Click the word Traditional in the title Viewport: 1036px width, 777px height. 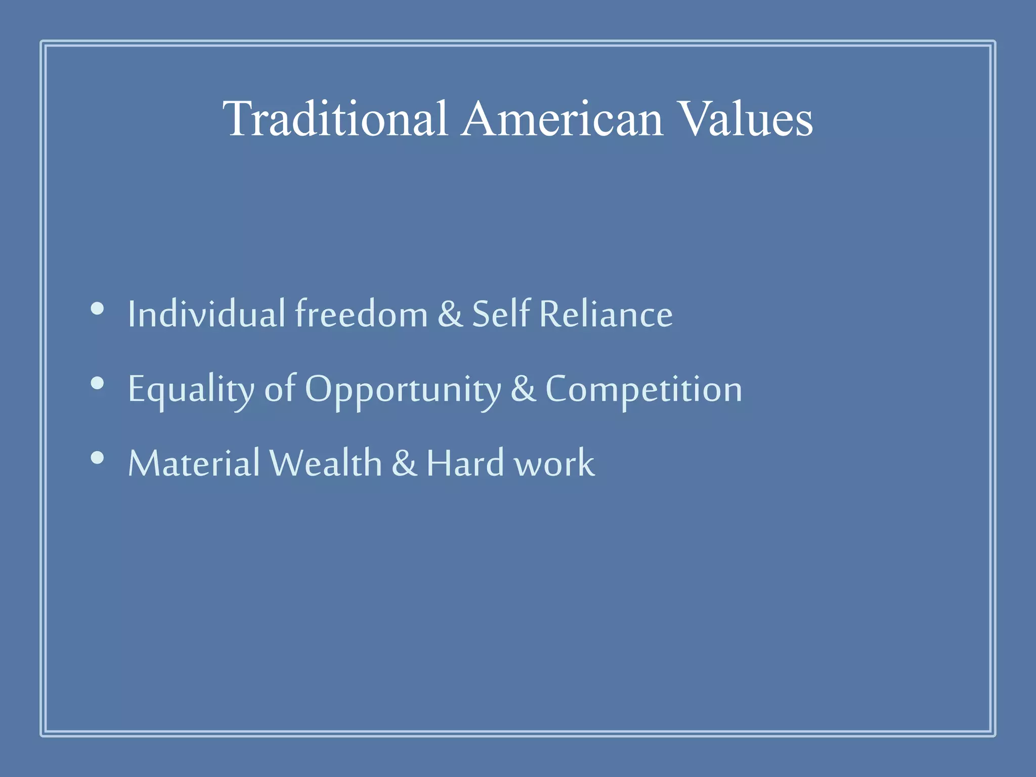coord(335,119)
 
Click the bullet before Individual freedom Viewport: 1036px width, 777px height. coord(97,309)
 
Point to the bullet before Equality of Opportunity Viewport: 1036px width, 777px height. coord(97,383)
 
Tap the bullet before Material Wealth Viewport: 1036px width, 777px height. coord(97,458)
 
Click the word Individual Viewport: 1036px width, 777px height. coord(206,314)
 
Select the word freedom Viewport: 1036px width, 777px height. coord(361,314)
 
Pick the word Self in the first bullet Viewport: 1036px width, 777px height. coord(501,314)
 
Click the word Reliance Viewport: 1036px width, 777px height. coord(606,314)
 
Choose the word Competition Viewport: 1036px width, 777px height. coord(643,388)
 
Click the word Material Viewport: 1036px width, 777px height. coord(194,463)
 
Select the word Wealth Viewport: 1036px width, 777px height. coord(325,463)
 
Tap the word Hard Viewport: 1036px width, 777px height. coord(465,463)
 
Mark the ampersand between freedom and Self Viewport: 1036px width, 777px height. coord(450,314)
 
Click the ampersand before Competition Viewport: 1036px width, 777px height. coord(523,388)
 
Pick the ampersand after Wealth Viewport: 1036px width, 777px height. coord(404,463)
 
